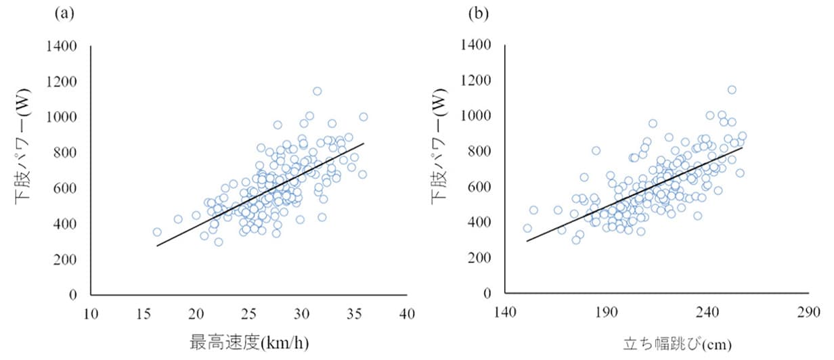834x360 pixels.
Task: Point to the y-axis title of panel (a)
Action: [x=22, y=169]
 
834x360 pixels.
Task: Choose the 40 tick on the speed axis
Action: [x=406, y=314]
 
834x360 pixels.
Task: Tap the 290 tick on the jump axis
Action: [x=810, y=314]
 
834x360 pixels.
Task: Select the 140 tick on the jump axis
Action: [x=505, y=314]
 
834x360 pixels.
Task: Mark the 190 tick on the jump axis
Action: [x=607, y=314]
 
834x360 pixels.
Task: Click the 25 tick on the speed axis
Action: [x=248, y=314]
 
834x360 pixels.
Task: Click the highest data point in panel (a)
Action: [x=317, y=91]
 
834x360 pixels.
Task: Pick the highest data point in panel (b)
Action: [x=732, y=89]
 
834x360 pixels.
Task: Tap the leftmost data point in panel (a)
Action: [x=157, y=232]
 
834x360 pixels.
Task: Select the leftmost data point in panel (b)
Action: [x=527, y=228]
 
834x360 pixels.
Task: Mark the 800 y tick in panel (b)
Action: [x=481, y=152]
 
